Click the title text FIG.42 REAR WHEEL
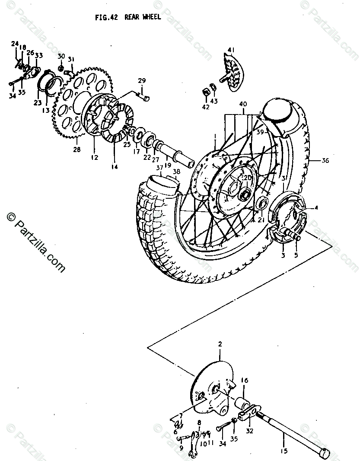pos(128,17)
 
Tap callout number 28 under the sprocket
pos(77,149)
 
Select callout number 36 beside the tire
pos(325,160)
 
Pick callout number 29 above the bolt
pos(142,81)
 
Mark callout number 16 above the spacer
pos(245,381)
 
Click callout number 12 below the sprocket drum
pos(95,157)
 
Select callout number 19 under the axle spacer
pos(167,165)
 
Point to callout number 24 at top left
pos(15,44)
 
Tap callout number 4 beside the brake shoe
pos(316,208)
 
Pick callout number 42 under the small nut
pos(206,107)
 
